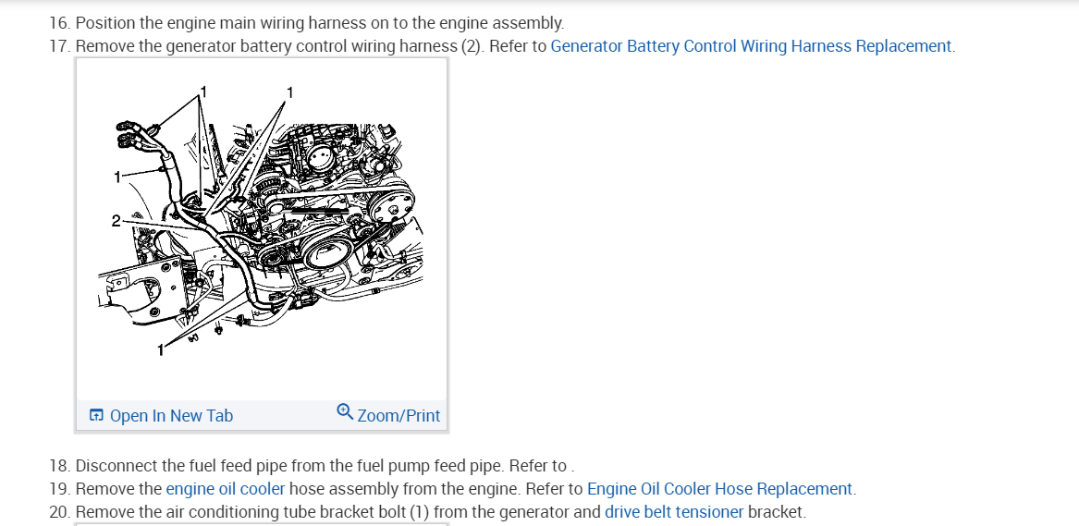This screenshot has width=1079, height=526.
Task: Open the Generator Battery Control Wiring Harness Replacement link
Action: [x=751, y=46]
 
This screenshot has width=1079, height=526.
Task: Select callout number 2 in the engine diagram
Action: [x=116, y=221]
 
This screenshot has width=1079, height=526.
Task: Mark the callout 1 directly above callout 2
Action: [x=117, y=177]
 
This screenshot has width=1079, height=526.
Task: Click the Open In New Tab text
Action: [x=171, y=416]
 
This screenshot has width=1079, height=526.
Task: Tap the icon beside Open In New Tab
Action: [x=96, y=416]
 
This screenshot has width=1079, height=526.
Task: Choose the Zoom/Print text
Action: [x=398, y=416]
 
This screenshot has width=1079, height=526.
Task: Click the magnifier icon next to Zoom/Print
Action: [x=345, y=411]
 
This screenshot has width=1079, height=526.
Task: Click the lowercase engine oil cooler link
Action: [x=225, y=489]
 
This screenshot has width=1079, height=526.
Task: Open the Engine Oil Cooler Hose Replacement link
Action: [x=720, y=489]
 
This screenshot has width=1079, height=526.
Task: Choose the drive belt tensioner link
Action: [x=674, y=512]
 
